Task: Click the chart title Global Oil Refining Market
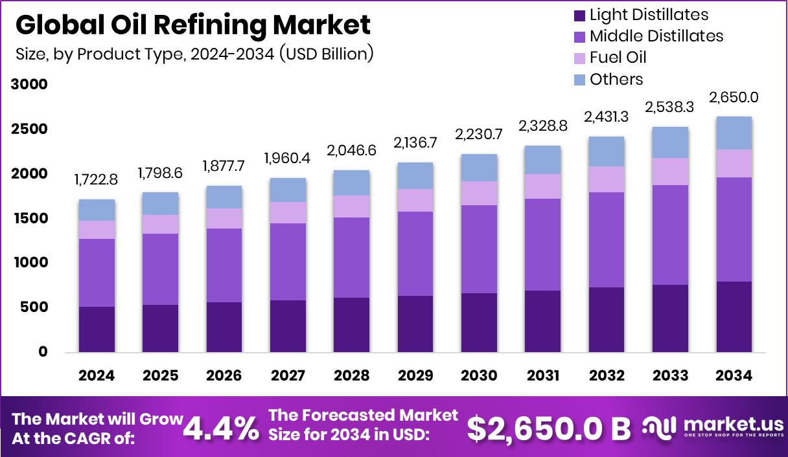(192, 25)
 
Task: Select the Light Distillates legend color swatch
(579, 15)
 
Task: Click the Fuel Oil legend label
(618, 58)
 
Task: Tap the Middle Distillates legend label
(656, 36)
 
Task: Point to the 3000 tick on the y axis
(29, 84)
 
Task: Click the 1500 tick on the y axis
(29, 218)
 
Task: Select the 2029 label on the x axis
(415, 375)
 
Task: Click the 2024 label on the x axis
(97, 375)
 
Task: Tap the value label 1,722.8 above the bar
(97, 179)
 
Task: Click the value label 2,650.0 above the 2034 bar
(734, 98)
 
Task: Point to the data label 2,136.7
(415, 142)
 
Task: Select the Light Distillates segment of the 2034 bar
(734, 317)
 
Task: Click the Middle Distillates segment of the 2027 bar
(288, 262)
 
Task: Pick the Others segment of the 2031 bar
(542, 159)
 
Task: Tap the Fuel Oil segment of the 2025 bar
(160, 224)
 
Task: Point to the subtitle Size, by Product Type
(194, 54)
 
